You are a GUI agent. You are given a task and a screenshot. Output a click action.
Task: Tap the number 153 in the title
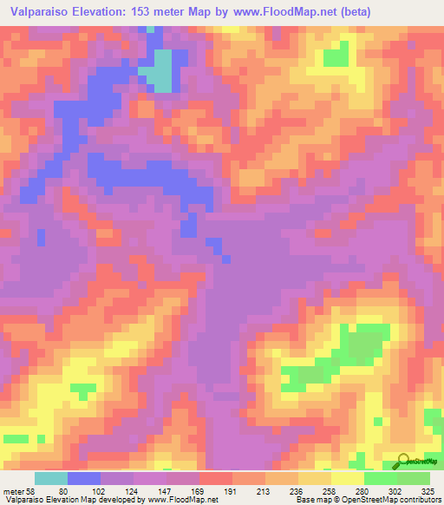click(x=153, y=12)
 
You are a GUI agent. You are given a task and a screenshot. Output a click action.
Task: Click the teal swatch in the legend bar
click(x=51, y=479)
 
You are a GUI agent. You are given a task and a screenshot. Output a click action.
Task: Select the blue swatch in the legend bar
click(x=84, y=479)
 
